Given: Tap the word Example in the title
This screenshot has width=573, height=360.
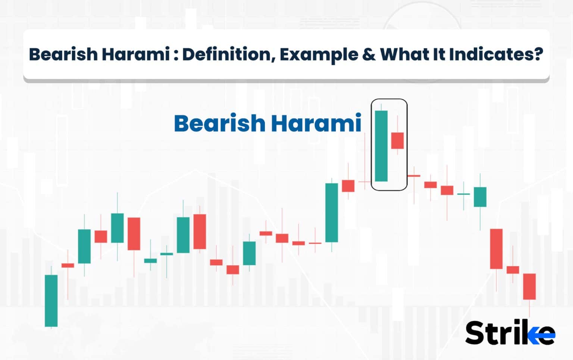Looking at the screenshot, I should click(x=319, y=54).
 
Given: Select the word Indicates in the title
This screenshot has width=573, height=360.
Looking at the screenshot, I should click(x=491, y=54).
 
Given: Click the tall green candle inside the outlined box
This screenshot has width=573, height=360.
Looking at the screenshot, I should click(x=381, y=146).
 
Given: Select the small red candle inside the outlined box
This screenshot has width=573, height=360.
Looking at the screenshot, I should click(x=397, y=140).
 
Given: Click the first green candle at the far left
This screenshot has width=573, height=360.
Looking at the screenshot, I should click(x=51, y=300).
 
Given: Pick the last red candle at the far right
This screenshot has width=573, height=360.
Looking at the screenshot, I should click(x=529, y=286).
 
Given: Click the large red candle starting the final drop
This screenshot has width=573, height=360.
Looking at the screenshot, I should click(x=496, y=248).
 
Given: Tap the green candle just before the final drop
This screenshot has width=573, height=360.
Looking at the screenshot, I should click(x=480, y=197).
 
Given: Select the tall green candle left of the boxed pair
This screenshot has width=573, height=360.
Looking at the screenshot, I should click(x=332, y=212).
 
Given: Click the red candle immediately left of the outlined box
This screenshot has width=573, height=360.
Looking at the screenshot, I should click(x=348, y=186).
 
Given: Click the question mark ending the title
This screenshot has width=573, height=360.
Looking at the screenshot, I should click(x=538, y=54).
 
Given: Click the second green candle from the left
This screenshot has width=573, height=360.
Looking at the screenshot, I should click(x=84, y=246).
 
